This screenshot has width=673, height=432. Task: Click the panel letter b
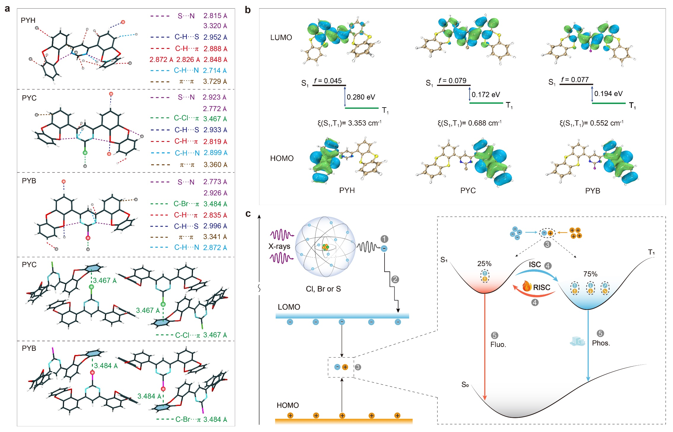[248, 10]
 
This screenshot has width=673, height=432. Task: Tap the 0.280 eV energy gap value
[361, 97]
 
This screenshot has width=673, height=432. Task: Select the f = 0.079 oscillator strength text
[452, 81]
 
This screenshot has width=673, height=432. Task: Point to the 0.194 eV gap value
[608, 94]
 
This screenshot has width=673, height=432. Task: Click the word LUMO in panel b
[281, 38]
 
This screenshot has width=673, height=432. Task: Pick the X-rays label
[279, 246]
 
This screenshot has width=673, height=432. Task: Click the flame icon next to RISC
[527, 286]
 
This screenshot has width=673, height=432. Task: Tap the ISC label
[535, 264]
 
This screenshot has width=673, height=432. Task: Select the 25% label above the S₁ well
[484, 263]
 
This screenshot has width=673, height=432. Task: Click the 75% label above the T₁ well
[590, 274]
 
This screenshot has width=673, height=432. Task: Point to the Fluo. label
[498, 345]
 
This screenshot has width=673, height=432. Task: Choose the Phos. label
[601, 343]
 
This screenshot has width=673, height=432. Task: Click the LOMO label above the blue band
[289, 307]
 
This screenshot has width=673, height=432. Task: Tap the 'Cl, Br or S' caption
[323, 289]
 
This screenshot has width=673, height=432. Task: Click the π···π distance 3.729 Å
[215, 81]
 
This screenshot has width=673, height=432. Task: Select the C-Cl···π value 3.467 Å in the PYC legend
[215, 119]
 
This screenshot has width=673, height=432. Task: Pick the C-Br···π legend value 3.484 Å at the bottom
[215, 420]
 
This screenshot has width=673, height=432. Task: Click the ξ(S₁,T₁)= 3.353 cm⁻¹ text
[349, 123]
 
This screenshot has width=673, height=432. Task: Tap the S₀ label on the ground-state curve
[465, 385]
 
